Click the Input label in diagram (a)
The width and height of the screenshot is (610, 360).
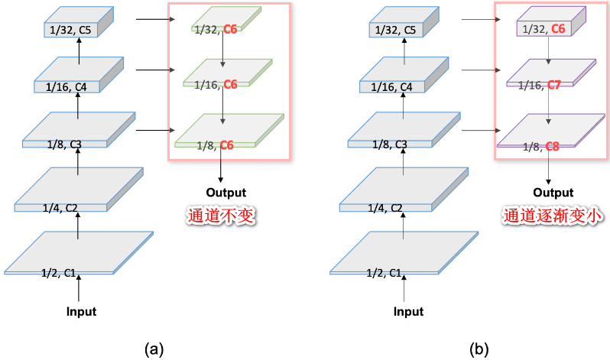(x=81, y=311)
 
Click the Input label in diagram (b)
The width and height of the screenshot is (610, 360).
(x=408, y=311)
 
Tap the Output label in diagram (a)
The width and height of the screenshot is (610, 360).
(x=226, y=192)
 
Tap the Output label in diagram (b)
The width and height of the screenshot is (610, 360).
(x=553, y=192)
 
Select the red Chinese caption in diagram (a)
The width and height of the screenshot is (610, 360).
(x=221, y=217)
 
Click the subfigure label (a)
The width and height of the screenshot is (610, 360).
(x=154, y=349)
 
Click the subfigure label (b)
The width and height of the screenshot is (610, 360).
(x=479, y=349)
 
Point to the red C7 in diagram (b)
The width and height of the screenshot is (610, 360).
(x=554, y=85)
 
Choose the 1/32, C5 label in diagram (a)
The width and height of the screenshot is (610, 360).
(x=69, y=31)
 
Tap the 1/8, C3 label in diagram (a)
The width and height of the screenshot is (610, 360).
(x=66, y=143)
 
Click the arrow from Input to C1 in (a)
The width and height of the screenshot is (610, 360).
(x=79, y=289)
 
